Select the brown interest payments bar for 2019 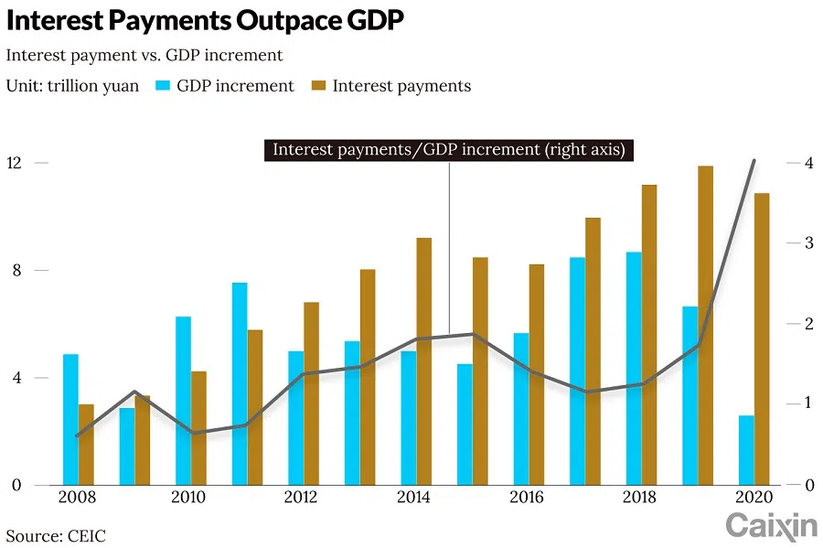[705, 325]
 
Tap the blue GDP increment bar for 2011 [240, 383]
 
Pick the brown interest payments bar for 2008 [86, 444]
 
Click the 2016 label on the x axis [526, 498]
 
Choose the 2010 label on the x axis [187, 498]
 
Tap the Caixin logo [771, 525]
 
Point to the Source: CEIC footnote [56, 535]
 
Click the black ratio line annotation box [449, 150]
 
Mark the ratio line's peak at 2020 [754, 160]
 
